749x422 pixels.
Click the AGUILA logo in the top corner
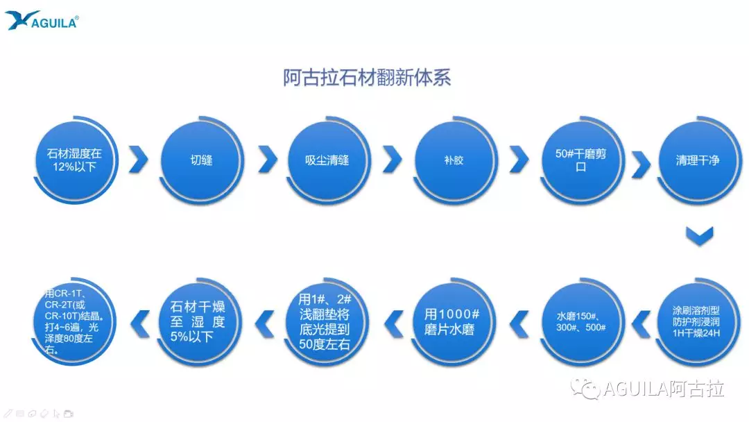(x=42, y=19)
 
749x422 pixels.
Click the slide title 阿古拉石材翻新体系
(x=367, y=78)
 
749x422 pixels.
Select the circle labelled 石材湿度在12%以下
(x=75, y=160)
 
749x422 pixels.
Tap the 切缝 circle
(x=201, y=160)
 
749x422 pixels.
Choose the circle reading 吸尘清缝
(x=327, y=160)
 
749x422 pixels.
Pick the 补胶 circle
(x=454, y=160)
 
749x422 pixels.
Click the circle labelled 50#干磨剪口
(x=581, y=160)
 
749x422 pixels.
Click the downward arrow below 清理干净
(x=699, y=235)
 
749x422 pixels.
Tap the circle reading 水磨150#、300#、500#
(x=581, y=321)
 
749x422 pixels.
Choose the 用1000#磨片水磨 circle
(x=452, y=321)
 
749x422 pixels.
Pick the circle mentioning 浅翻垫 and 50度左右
(x=326, y=321)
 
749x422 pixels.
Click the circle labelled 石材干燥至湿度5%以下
(x=199, y=321)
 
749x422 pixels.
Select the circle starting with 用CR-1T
(x=74, y=321)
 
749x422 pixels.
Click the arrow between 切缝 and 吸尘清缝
(x=268, y=159)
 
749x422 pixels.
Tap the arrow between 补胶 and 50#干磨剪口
(x=519, y=159)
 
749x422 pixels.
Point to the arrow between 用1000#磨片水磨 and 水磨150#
(x=519, y=323)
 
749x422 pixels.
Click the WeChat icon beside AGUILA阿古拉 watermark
(x=585, y=389)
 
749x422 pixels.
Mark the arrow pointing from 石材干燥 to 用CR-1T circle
(x=140, y=323)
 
